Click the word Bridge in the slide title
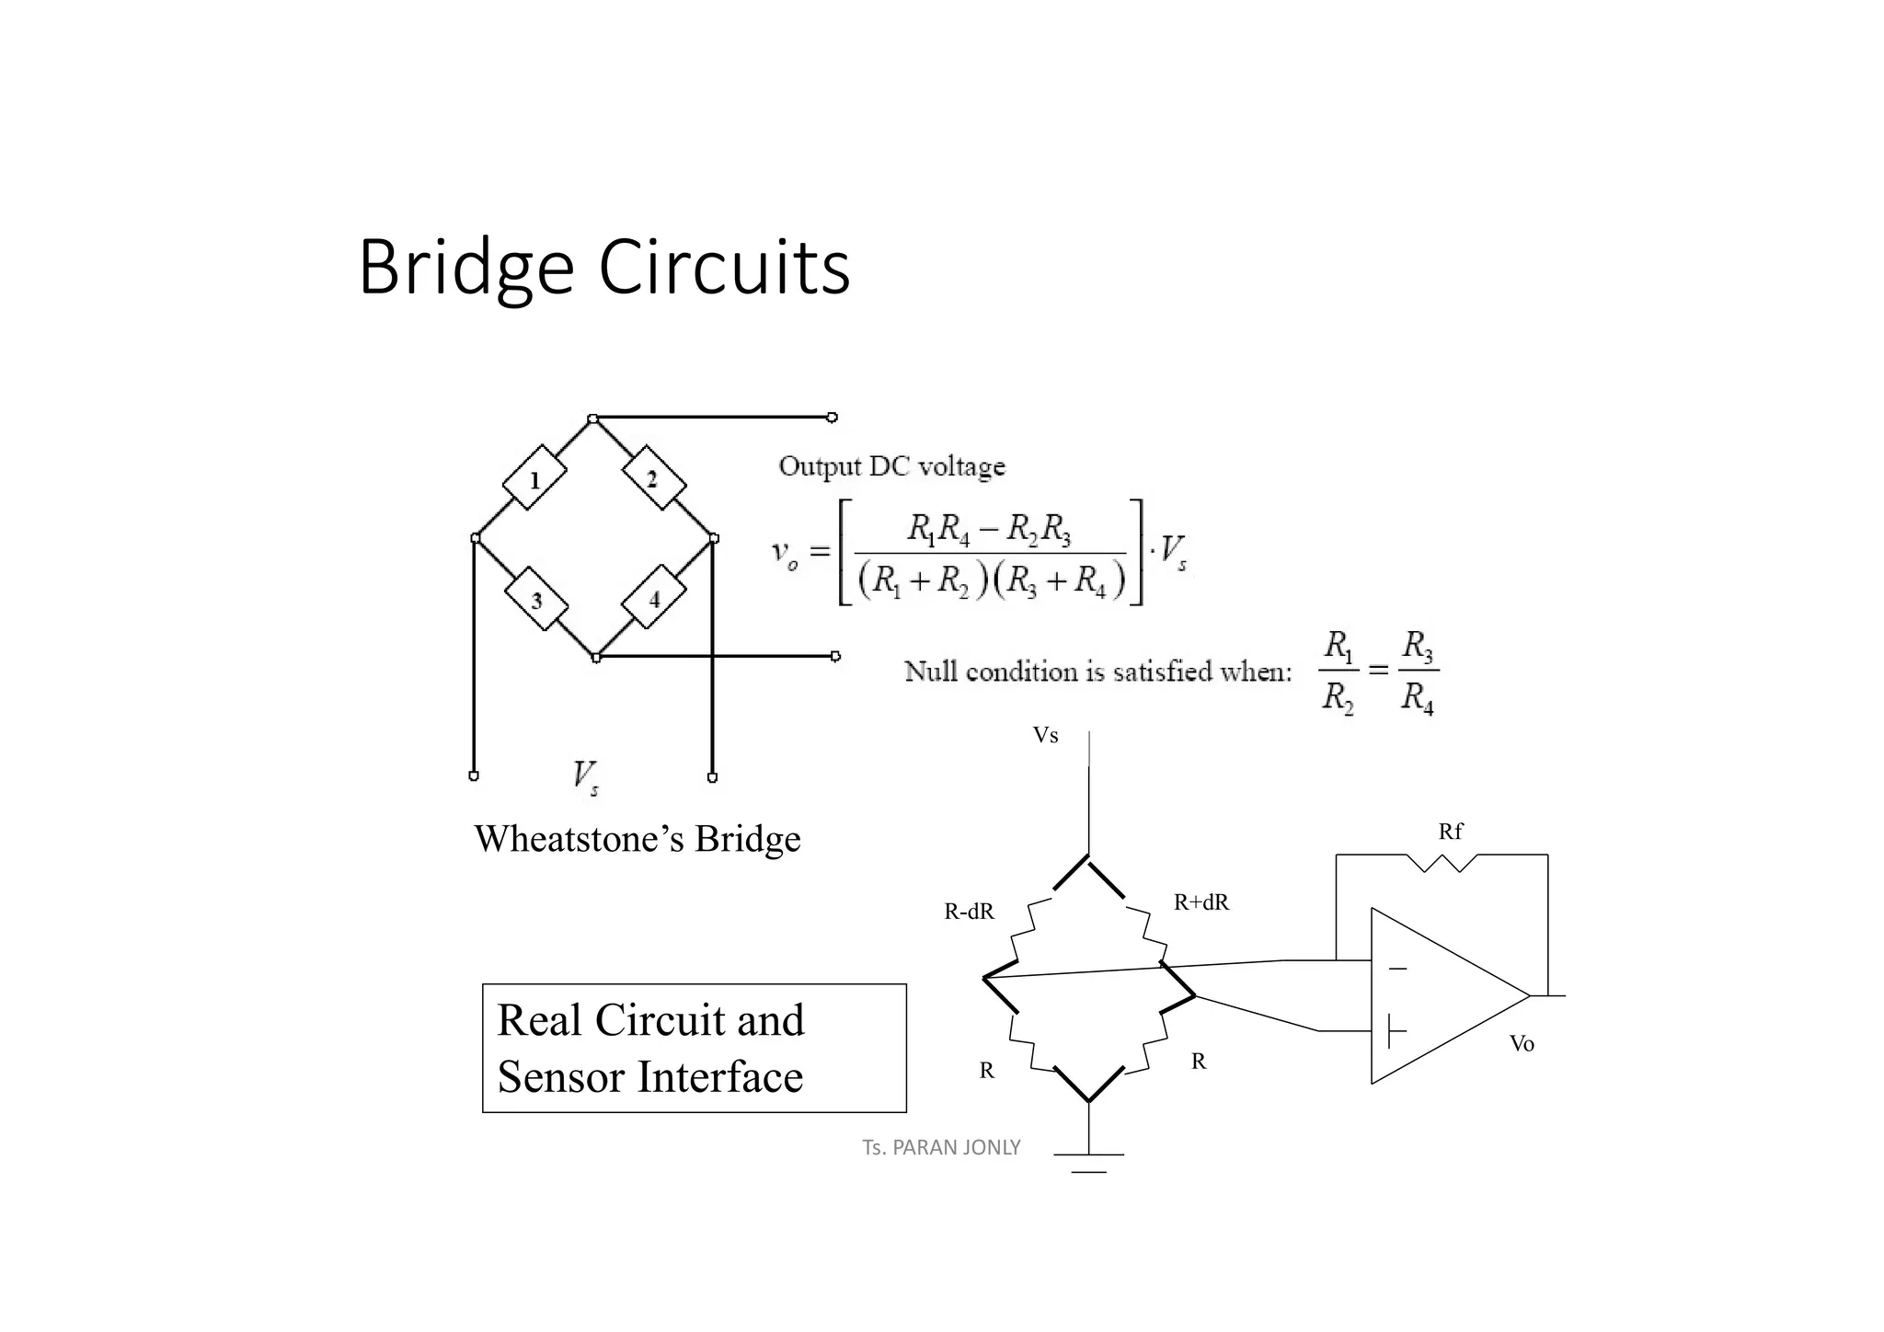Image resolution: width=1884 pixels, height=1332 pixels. pos(465,269)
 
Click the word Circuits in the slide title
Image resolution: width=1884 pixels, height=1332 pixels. pos(724,269)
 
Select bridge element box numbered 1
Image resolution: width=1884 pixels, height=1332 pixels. pos(534,478)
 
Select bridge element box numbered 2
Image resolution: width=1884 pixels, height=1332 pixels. pos(653,478)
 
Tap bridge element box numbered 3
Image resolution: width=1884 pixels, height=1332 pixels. pos(536,600)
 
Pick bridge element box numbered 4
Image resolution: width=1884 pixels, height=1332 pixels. pos(654,599)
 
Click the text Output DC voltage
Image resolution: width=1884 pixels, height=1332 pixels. pos(891,466)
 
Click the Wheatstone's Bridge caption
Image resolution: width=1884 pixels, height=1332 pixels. pos(637,839)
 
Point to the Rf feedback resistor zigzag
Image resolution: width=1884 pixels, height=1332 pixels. pos(1442,862)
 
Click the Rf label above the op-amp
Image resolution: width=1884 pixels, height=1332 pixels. pos(1450,832)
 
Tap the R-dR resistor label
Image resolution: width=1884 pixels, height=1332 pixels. pos(969,912)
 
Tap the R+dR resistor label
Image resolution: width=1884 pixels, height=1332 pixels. pos(1200,902)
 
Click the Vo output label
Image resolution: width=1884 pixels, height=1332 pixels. pos(1522,1043)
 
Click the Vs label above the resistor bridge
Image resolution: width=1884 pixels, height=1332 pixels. pos(1045,736)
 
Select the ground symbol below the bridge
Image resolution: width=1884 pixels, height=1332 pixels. pos(1089,1162)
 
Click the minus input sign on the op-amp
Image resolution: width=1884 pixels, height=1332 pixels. pos(1397,969)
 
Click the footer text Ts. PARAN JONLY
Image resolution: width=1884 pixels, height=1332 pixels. pos(941,1147)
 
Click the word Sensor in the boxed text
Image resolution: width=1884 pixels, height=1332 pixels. pos(561,1077)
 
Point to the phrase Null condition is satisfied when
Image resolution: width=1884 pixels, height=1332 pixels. pos(1097,672)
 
